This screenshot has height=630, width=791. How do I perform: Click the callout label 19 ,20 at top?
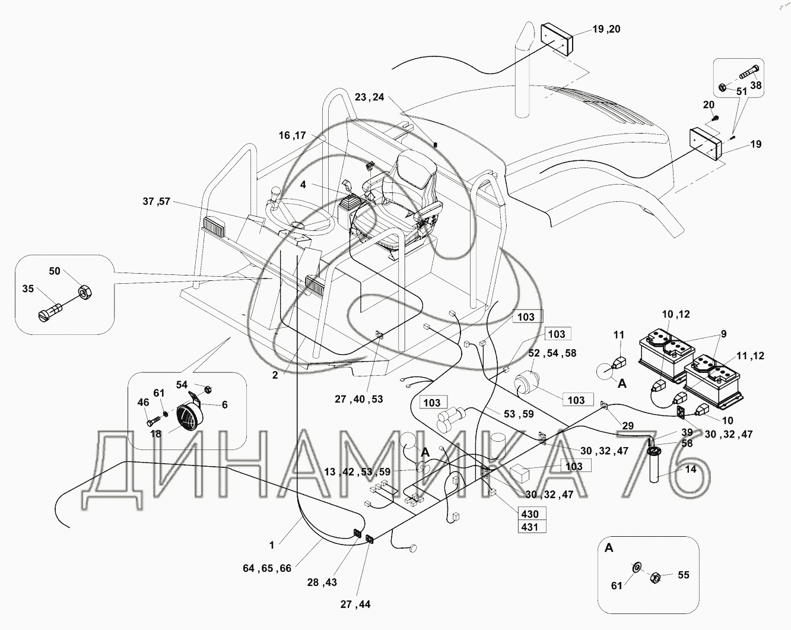click(606, 29)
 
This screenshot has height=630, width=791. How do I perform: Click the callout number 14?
click(690, 468)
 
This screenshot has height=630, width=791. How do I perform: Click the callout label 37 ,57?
click(156, 202)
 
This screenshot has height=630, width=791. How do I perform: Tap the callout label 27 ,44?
click(355, 604)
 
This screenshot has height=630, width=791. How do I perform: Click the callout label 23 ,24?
click(369, 97)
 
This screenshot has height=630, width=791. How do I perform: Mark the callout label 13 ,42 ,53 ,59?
click(357, 471)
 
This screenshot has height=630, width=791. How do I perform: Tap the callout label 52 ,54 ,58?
click(552, 353)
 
